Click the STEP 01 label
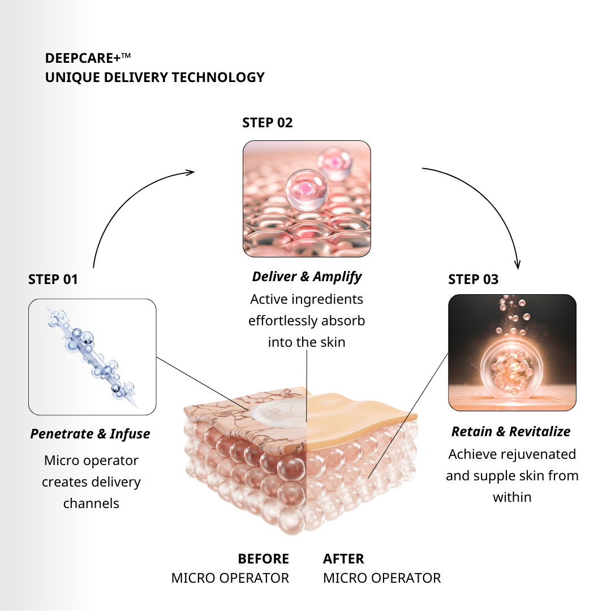53,279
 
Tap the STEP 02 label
268,123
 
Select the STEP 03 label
474,279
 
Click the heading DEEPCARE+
84,58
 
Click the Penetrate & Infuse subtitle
91,434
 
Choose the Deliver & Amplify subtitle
307,277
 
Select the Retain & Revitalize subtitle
511,432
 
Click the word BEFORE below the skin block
264,559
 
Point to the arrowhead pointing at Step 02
191,171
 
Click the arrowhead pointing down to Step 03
517,265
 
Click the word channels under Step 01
91,504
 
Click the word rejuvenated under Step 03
528,454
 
